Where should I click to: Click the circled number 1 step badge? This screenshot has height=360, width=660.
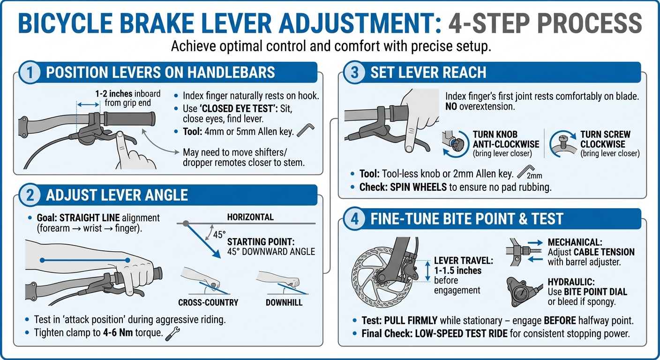point(30,73)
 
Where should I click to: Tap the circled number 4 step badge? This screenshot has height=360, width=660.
point(355,219)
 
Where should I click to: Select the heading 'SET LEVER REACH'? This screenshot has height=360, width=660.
point(428,73)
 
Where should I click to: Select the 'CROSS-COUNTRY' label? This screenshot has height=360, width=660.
point(208,302)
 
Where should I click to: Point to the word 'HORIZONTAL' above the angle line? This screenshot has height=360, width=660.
point(250,217)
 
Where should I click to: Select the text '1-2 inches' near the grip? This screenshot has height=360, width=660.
point(113,94)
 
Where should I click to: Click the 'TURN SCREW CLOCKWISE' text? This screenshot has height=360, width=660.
point(605,139)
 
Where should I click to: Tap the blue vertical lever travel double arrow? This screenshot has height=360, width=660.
point(427,271)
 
